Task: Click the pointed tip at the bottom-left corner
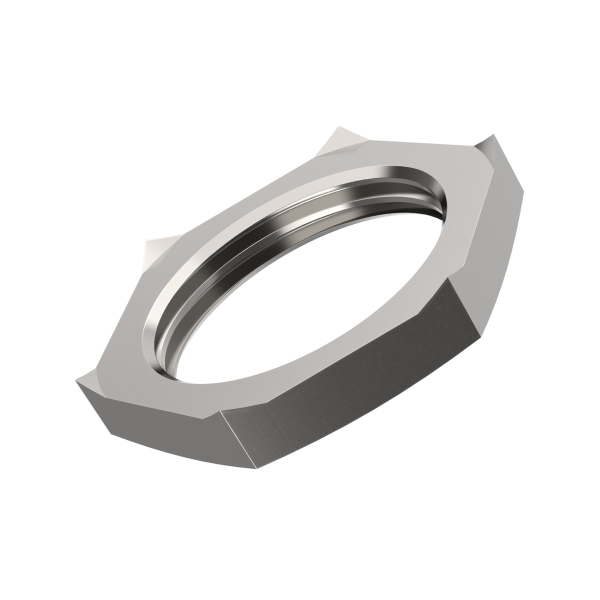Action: pyautogui.click(x=77, y=385)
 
